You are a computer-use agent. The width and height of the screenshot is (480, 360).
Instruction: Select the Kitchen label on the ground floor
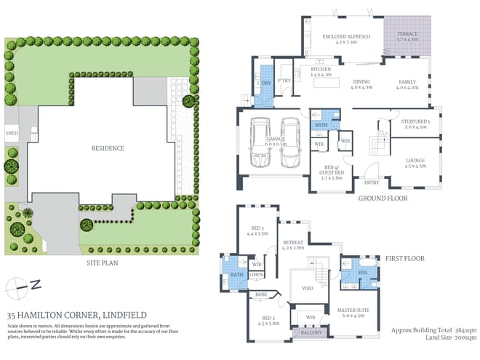321,71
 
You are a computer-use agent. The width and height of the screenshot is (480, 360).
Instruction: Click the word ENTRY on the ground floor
371,183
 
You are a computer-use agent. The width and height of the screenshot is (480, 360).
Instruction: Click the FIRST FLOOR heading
405,257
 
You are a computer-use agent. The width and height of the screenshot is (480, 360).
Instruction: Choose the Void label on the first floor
307,287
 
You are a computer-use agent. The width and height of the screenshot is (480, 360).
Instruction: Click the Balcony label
305,333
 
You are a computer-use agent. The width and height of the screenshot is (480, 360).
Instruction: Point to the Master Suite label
354,312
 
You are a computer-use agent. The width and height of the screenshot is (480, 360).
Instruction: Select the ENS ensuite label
363,273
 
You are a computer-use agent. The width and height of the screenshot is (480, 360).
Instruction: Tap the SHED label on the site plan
12,133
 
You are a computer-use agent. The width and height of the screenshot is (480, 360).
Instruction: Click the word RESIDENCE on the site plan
107,148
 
